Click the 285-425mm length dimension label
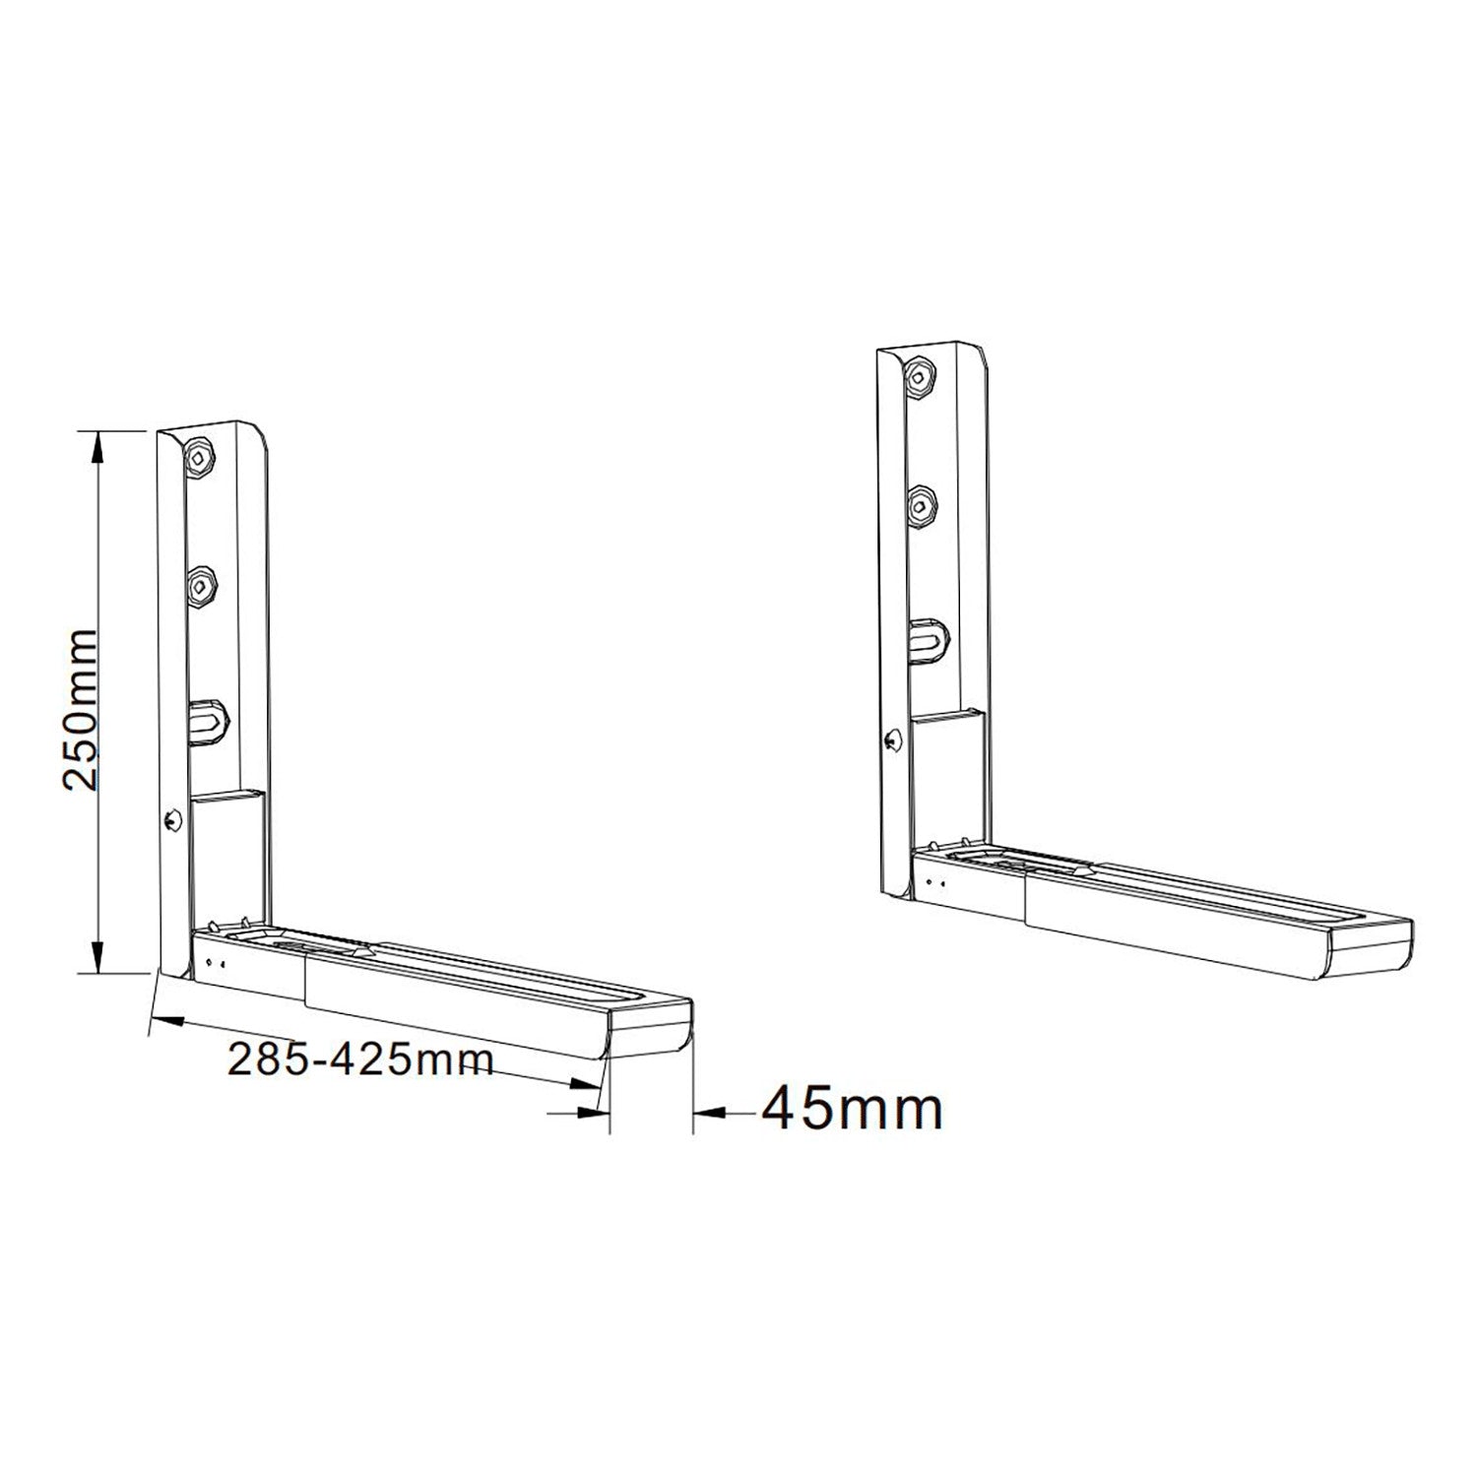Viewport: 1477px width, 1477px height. [359, 1060]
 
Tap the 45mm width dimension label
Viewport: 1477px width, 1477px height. [853, 1109]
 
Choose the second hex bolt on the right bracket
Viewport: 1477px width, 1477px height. [921, 506]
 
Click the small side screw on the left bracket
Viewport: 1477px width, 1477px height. [173, 817]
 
